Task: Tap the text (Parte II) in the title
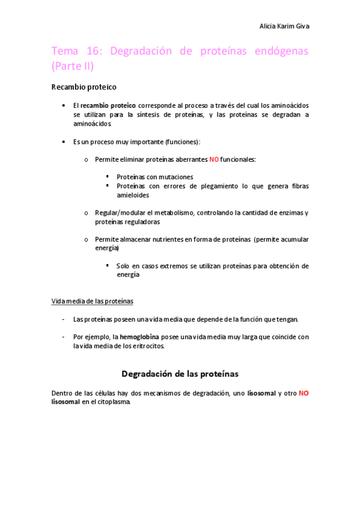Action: [73, 66]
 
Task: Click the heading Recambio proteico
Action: [84, 87]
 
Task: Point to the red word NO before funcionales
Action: [214, 159]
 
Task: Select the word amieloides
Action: [133, 195]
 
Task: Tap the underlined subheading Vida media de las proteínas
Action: [93, 301]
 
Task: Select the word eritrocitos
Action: [147, 346]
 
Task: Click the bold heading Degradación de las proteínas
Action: [180, 373]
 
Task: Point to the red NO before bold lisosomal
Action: [304, 393]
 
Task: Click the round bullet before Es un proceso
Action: [64, 141]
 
